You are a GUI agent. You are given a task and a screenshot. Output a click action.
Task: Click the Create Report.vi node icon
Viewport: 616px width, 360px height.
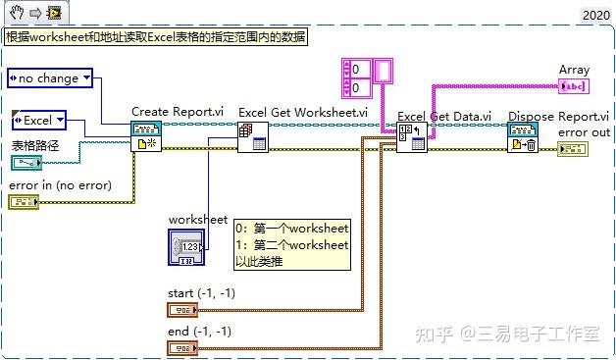tap(146, 136)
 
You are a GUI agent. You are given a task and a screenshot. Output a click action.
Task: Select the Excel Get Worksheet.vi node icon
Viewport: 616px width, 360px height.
tap(253, 136)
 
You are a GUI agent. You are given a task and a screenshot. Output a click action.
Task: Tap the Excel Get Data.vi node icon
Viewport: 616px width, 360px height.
tap(411, 136)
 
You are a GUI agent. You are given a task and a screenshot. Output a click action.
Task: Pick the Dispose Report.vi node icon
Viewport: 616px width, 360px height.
tap(521, 137)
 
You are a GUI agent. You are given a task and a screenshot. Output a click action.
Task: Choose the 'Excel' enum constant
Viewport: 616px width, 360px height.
tap(38, 120)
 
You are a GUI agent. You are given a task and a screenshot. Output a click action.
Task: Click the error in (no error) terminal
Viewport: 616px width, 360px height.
tap(24, 201)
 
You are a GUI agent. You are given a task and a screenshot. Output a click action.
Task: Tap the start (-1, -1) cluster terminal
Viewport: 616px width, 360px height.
tap(183, 310)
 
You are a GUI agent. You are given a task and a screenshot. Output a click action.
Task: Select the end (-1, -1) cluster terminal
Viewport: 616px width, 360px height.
tap(183, 346)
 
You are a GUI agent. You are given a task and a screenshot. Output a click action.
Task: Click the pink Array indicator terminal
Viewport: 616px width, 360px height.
tap(573, 86)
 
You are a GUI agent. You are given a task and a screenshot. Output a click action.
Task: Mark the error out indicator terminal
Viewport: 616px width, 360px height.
tap(572, 149)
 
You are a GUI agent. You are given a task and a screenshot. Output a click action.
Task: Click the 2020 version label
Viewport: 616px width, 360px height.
tap(595, 15)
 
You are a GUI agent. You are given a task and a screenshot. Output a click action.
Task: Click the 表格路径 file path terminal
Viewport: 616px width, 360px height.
tap(27, 163)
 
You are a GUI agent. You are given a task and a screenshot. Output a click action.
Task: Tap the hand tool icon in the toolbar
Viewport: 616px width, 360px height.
tap(12, 13)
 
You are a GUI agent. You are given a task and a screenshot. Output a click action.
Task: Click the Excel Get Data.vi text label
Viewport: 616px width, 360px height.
tap(444, 117)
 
